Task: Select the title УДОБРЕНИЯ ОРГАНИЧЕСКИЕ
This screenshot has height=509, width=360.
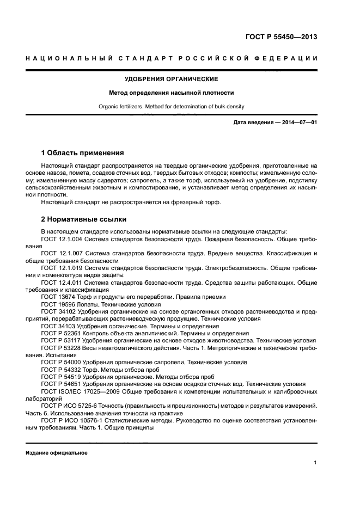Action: (x=180, y=79)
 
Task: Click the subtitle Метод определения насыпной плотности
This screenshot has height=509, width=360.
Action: (x=180, y=93)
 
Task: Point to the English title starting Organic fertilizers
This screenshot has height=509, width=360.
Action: (x=180, y=107)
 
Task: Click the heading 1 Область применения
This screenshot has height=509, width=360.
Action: (x=82, y=152)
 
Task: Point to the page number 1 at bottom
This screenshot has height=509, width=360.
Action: (x=315, y=463)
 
